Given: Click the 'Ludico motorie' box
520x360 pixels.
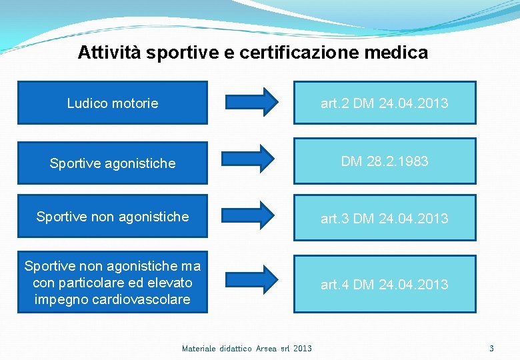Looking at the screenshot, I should tap(112, 103).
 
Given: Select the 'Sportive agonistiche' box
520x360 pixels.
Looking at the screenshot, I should tap(112, 163).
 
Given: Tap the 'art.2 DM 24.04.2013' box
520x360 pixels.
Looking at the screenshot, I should tap(385, 103).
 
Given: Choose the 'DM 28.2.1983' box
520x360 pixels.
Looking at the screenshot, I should tap(385, 161).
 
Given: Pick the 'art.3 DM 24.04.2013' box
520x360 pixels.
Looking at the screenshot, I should tap(385, 218).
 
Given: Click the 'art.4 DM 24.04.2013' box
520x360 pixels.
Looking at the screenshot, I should tap(385, 285).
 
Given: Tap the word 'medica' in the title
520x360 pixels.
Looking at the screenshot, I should tap(403, 52).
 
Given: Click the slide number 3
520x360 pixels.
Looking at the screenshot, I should tap(491, 348).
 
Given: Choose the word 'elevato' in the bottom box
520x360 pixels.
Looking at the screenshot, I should tap(169, 283).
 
